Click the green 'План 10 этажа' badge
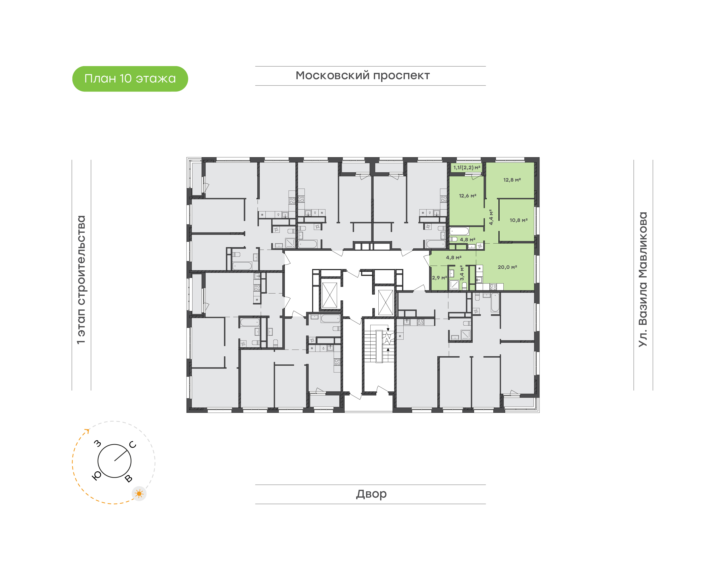tap(130, 79)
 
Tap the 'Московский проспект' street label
tap(362, 76)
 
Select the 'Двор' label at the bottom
tap(371, 494)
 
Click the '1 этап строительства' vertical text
tap(81, 280)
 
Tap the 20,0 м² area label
tap(507, 267)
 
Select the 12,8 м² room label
tap(512, 180)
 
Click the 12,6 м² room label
tap(468, 196)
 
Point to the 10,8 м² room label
tap(519, 220)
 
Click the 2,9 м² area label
tap(439, 278)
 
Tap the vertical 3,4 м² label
tap(462, 273)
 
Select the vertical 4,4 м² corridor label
tap(491, 217)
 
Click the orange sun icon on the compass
tap(139, 494)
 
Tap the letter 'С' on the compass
tap(132, 444)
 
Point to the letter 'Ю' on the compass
tap(96, 476)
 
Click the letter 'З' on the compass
tap(97, 444)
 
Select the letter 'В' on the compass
tap(128, 479)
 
